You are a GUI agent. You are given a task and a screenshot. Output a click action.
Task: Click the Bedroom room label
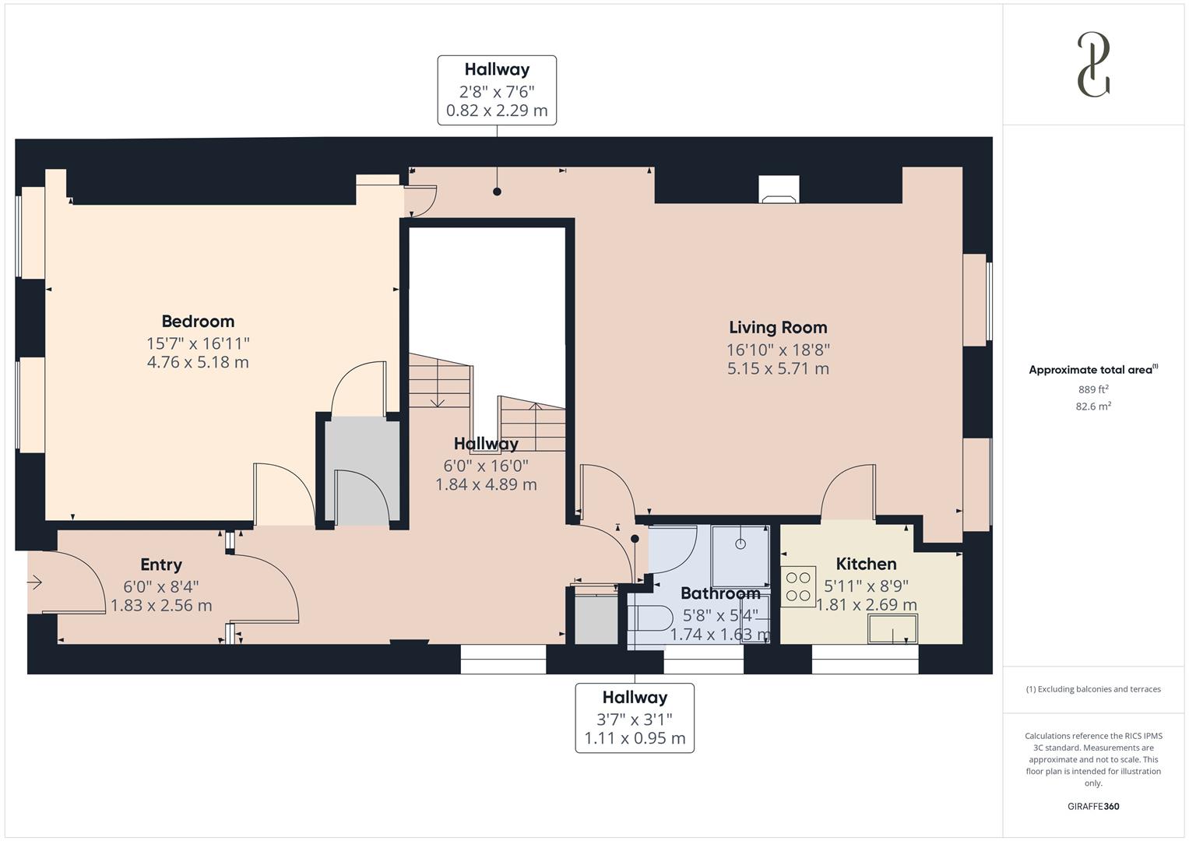pos(198,321)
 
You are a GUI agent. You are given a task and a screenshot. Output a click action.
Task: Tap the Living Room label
pos(778,328)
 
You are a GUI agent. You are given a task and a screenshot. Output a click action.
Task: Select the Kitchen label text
pos(866,564)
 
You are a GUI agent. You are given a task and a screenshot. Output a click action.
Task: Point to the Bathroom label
pos(720,593)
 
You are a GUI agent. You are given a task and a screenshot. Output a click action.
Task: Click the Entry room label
pos(161,565)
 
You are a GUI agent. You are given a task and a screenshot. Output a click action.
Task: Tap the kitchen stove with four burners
pos(798,586)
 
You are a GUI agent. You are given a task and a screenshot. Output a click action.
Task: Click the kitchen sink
pos(892,628)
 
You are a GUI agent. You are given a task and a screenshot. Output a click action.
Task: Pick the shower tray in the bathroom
pos(740,556)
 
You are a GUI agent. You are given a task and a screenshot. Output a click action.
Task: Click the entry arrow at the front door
pos(35,582)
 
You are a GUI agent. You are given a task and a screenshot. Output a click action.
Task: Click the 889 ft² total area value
pos(1093,389)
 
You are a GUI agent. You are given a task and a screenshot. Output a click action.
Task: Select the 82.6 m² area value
pos(1093,406)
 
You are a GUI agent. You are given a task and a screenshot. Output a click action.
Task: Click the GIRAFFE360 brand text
pos(1093,806)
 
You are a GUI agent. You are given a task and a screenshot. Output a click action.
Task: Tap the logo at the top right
pos(1093,65)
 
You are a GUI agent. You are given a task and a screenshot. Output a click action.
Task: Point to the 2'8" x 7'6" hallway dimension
pos(497,90)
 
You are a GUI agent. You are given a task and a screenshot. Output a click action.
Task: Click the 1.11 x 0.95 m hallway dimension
pos(635,738)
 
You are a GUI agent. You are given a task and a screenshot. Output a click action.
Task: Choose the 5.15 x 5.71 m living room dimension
pos(778,368)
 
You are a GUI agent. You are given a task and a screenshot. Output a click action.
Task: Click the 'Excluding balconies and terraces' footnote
pos(1093,689)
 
